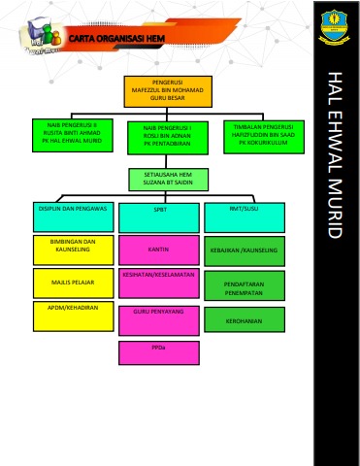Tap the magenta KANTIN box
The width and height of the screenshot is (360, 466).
tap(159, 250)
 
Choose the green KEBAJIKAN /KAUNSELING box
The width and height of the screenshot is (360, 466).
tap(244, 251)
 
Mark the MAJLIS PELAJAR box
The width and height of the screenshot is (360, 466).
tap(73, 283)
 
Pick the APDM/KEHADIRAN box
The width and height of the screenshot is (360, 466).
tap(73, 316)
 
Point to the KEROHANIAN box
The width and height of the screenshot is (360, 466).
tap(244, 320)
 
